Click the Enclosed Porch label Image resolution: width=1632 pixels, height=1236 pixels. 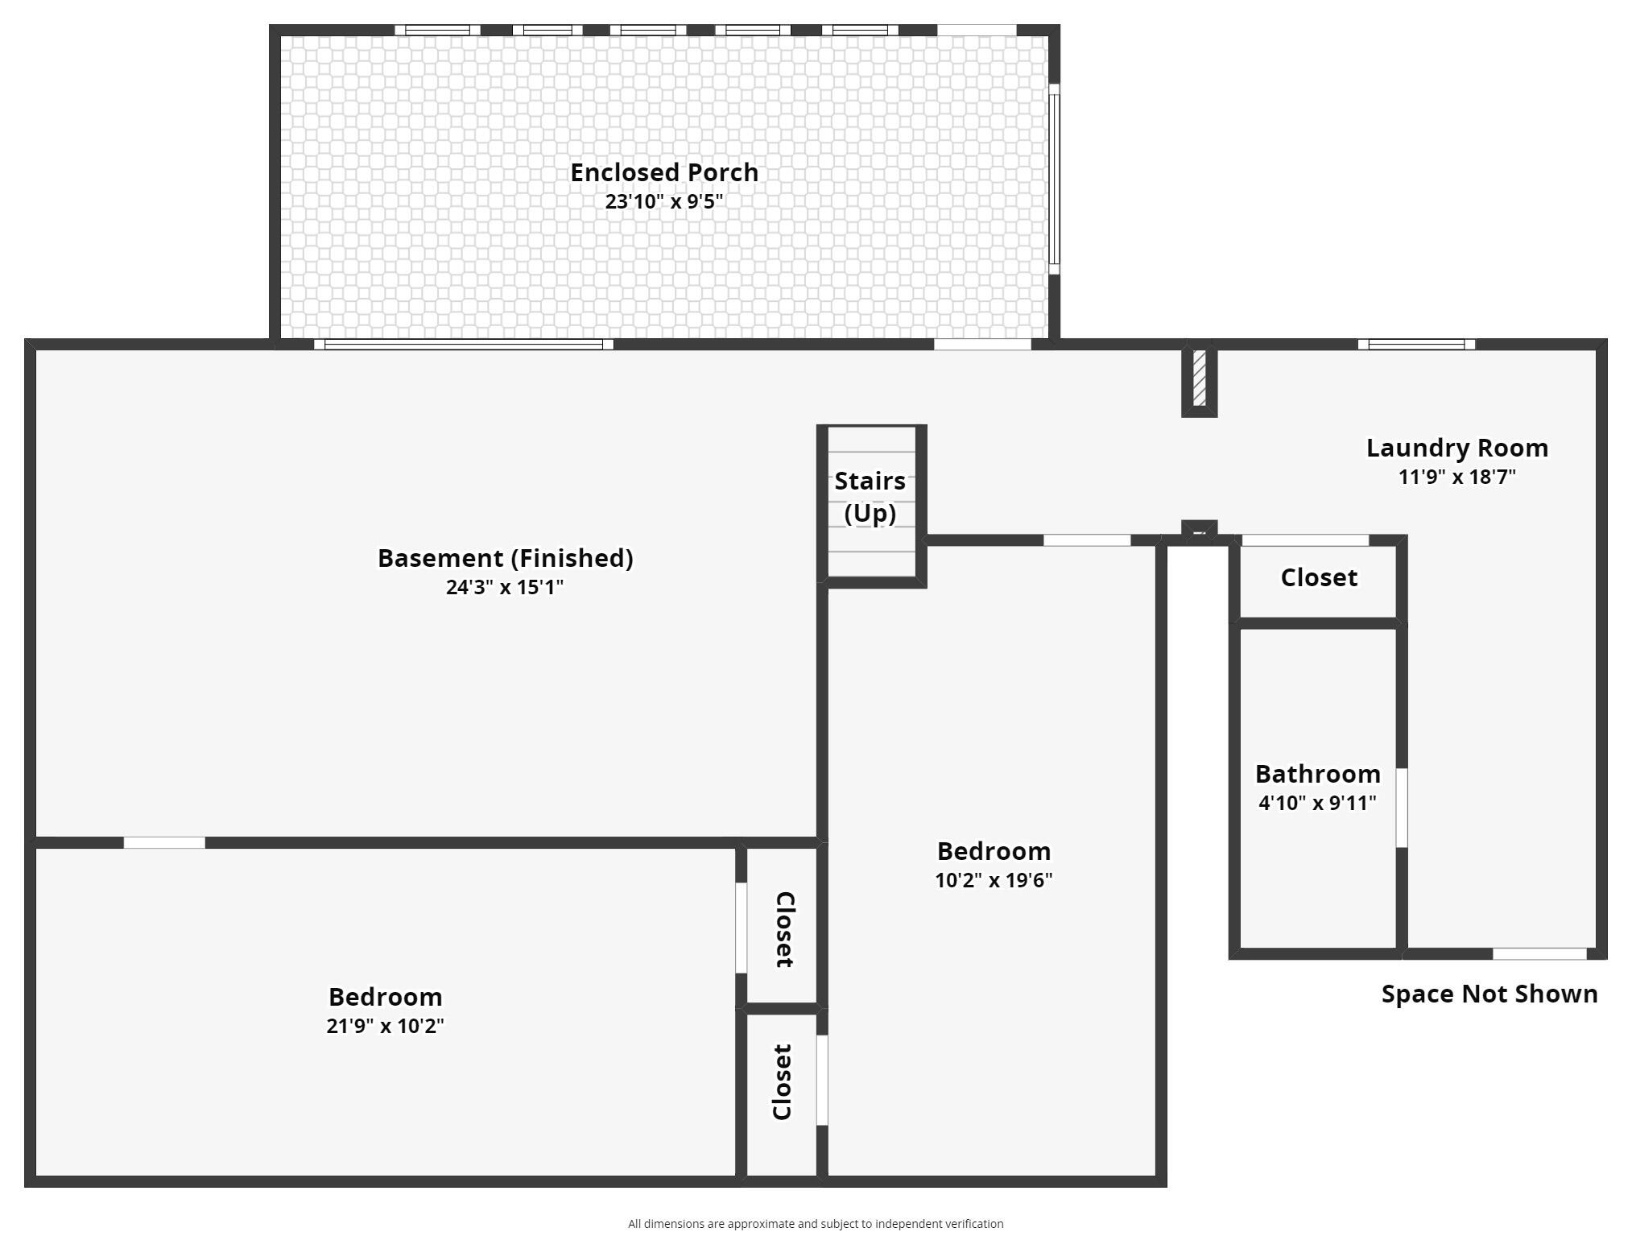click(x=664, y=172)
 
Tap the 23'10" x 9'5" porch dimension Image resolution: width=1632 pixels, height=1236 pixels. click(x=664, y=201)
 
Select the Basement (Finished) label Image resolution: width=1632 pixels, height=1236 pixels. click(x=506, y=558)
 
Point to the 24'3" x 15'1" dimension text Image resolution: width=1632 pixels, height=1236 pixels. click(x=505, y=587)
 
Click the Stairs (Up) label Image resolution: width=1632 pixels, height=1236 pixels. click(x=870, y=497)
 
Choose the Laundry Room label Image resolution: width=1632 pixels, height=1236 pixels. click(x=1457, y=448)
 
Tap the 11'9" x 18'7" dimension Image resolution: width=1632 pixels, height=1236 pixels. click(x=1457, y=477)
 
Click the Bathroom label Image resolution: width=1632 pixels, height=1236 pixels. click(x=1318, y=774)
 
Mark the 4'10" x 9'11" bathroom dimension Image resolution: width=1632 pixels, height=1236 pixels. click(x=1318, y=803)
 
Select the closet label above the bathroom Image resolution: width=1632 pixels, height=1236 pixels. click(x=1319, y=577)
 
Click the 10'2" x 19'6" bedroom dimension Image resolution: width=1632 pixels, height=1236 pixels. click(x=994, y=880)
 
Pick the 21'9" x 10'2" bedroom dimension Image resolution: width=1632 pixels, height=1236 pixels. click(x=385, y=1026)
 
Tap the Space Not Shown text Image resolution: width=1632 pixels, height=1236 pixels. click(x=1489, y=994)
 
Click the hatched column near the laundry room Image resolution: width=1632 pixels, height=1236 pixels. click(x=1200, y=378)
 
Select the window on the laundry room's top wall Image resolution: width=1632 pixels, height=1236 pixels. click(x=1416, y=345)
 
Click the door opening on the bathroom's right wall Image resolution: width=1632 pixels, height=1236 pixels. click(x=1402, y=808)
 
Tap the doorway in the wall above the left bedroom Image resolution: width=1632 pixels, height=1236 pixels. click(x=164, y=843)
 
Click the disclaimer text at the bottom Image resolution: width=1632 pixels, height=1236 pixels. click(x=816, y=1224)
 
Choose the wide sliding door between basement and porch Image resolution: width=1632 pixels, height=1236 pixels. click(x=464, y=345)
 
